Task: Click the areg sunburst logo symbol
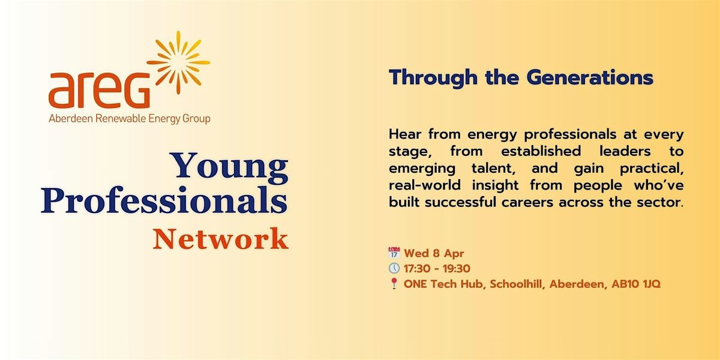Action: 179,62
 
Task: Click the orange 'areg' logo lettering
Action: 100,91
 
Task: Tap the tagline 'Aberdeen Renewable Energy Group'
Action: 130,119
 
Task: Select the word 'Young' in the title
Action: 231,166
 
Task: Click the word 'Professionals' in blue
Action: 164,200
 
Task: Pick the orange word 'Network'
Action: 221,239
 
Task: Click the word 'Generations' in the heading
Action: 590,77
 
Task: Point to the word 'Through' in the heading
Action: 433,79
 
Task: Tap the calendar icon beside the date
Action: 394,253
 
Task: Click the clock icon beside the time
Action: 394,268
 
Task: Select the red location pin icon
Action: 394,283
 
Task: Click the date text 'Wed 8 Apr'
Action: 434,253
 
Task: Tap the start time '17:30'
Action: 418,268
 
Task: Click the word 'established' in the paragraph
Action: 541,151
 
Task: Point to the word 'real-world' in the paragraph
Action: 425,185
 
